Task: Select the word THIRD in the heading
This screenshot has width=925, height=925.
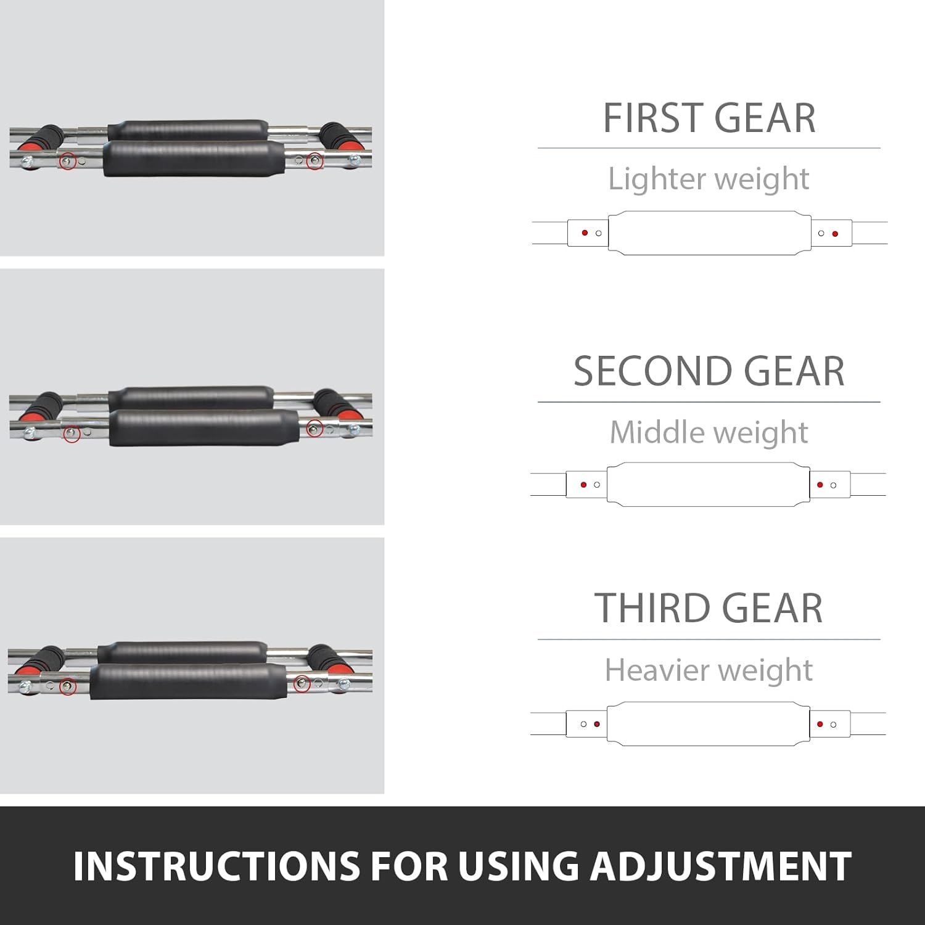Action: [651, 608]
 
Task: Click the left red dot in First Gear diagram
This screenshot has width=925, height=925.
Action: [585, 233]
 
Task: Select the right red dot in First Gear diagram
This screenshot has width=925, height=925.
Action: [835, 234]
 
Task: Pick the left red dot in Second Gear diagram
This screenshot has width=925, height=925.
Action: [583, 485]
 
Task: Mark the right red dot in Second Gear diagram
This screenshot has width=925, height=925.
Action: [820, 485]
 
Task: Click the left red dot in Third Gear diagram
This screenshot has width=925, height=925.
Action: [596, 724]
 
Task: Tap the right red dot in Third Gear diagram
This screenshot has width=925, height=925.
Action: [820, 724]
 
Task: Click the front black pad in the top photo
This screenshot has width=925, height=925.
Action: [194, 159]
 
